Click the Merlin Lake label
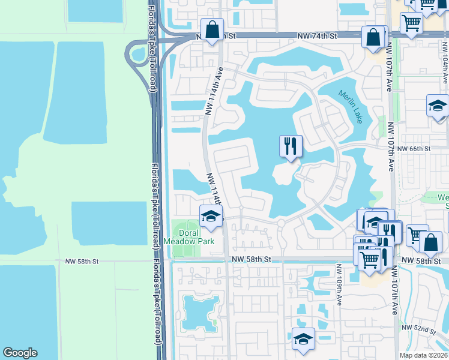point(350,107)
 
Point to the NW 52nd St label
point(418,328)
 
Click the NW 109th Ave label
point(339,284)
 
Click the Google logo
point(20,353)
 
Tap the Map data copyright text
point(424,355)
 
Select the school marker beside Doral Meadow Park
point(211,216)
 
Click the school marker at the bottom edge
point(303,339)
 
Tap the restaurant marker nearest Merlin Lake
point(291,146)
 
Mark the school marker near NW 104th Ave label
point(438,106)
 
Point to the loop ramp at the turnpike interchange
point(137,55)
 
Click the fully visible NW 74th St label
point(318,37)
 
